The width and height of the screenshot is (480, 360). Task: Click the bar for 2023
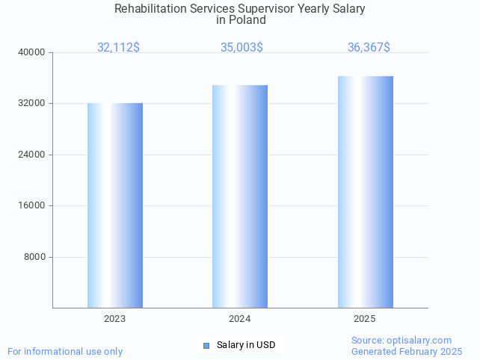pos(115,205)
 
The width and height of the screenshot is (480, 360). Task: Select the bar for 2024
pos(240,196)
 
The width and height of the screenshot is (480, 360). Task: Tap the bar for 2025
pos(365,192)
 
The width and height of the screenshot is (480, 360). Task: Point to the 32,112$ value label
pos(118,48)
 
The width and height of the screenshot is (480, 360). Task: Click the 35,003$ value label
pos(241,48)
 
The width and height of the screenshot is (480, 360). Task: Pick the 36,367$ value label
pos(369,48)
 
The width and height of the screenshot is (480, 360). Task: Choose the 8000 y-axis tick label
pos(36,257)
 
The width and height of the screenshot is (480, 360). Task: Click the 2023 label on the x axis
pos(115,319)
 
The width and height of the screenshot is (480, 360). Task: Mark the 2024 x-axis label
pos(240,319)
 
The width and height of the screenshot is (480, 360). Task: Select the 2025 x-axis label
pos(365,319)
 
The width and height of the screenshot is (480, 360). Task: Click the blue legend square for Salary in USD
pos(207,345)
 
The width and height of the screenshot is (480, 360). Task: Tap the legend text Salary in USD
pos(246,345)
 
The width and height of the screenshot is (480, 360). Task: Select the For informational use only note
pos(65,351)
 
